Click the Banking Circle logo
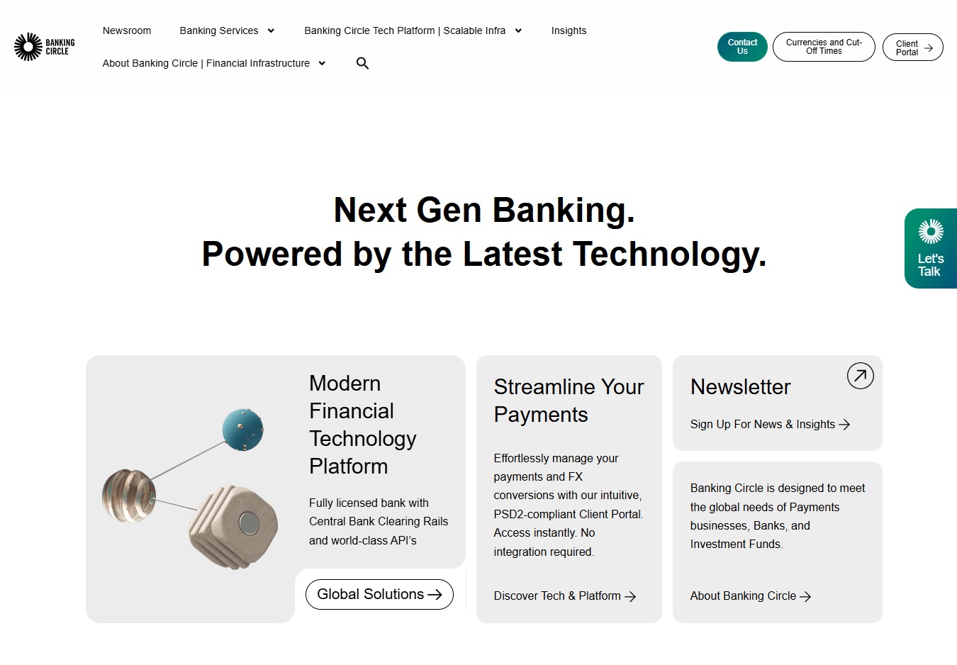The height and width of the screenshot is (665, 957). tap(44, 47)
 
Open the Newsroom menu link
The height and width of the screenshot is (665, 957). tap(127, 30)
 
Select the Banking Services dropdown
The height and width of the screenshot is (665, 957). tap(226, 30)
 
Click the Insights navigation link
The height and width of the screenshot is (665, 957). tap(569, 30)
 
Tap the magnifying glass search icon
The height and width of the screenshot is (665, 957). tap(362, 63)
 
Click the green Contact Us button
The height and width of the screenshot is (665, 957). tap(742, 47)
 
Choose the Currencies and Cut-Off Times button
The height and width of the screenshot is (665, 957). tap(824, 47)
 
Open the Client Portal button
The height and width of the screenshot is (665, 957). tap(912, 47)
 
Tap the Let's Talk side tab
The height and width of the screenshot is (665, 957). tap(930, 249)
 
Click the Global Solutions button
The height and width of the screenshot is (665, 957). tap(379, 594)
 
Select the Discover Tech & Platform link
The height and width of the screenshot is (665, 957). tap(564, 596)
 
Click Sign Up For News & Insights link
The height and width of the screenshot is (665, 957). tap(770, 424)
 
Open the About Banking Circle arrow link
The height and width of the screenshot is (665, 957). tap(750, 596)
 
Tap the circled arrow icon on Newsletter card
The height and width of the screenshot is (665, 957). tap(860, 376)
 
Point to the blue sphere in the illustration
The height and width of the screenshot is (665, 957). tap(242, 430)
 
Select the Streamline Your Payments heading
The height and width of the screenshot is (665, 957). tap(569, 401)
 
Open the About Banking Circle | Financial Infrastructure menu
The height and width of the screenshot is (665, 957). tap(213, 63)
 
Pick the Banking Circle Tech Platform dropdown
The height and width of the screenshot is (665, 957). tap(413, 30)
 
